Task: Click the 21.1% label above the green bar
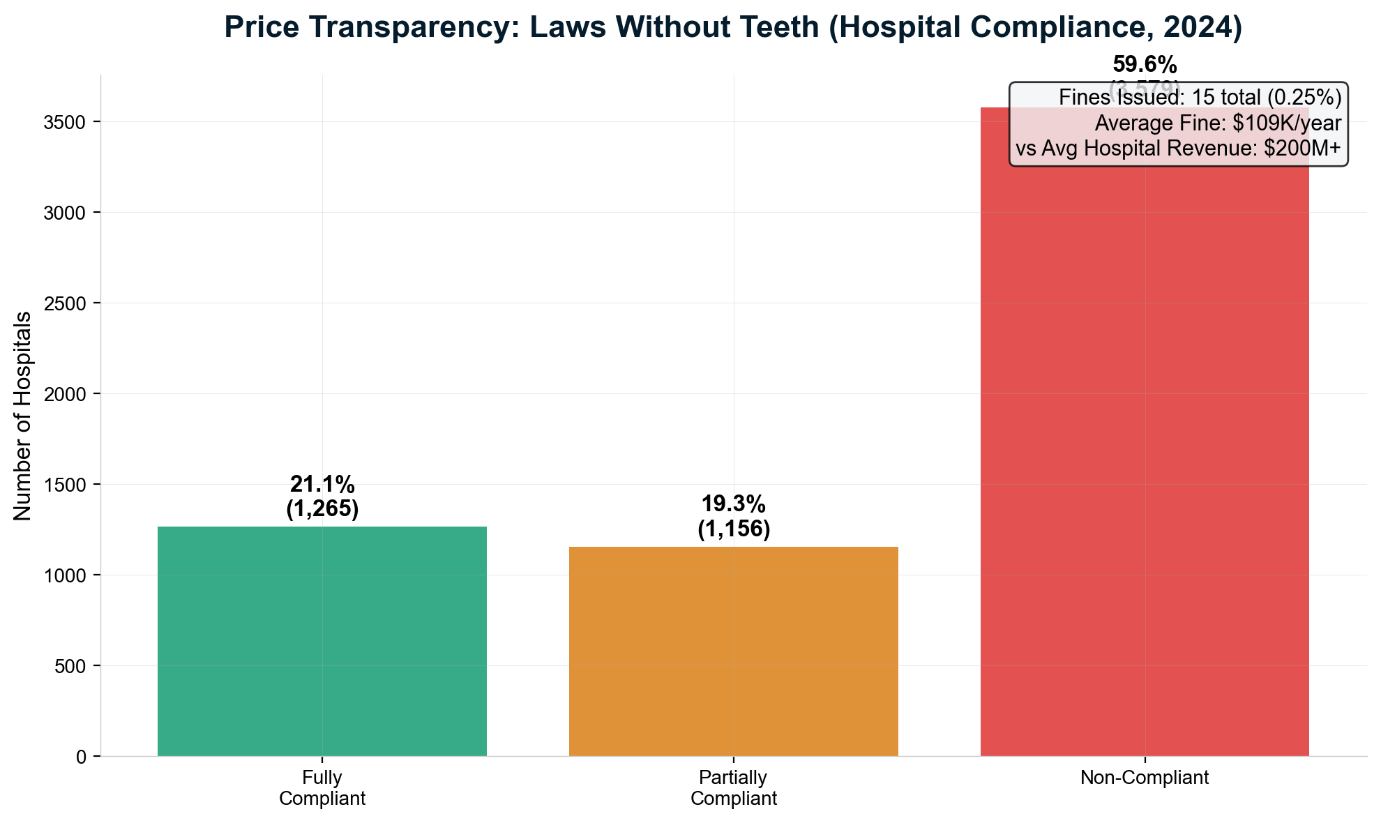322,484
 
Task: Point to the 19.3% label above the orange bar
733,504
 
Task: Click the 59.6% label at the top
1144,66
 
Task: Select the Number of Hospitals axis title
22,416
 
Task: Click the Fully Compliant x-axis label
322,788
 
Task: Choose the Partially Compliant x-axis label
733,788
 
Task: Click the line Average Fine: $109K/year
1217,123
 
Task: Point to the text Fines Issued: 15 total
1158,98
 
